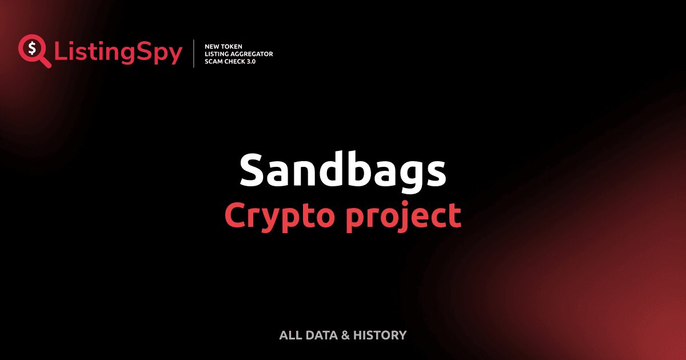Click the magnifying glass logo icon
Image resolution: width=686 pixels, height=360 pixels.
(x=34, y=51)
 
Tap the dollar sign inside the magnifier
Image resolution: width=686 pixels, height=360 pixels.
(x=32, y=48)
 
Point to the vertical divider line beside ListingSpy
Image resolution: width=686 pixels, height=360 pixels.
(x=194, y=54)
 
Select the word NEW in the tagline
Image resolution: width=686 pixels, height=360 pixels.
(x=211, y=46)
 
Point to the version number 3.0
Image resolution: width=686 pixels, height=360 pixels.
(x=252, y=61)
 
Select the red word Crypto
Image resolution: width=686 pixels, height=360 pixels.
(x=280, y=217)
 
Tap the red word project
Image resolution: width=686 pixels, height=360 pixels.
(x=404, y=217)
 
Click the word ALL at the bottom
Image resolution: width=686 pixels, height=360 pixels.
(x=291, y=335)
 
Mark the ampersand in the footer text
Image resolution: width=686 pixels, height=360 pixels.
(x=345, y=335)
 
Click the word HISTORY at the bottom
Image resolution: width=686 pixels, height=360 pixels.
(x=380, y=335)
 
